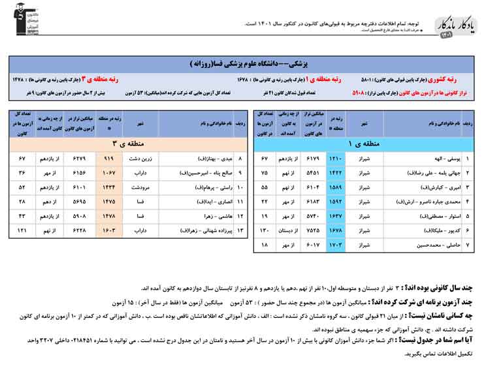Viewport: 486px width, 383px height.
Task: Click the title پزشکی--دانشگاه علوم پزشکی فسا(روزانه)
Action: click(243, 65)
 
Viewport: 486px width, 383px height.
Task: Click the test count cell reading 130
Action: click(265, 230)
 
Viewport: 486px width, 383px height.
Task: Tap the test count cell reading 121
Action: click(22, 230)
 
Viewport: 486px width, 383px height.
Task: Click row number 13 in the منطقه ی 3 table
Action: click(240, 230)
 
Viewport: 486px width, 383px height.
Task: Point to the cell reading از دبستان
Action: click(289, 230)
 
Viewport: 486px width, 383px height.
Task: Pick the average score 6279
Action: click(79, 159)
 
